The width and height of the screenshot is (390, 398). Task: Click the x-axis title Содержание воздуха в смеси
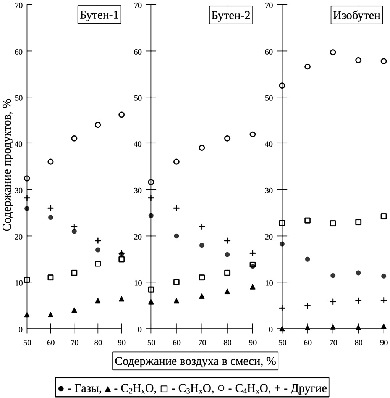(195, 361)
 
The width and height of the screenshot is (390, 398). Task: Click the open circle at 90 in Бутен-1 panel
(121, 114)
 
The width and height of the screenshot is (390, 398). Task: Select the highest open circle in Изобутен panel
(333, 52)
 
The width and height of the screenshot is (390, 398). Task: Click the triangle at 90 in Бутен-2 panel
(252, 287)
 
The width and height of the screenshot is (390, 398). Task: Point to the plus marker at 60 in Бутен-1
(50, 208)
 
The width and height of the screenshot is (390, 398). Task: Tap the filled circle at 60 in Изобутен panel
(307, 259)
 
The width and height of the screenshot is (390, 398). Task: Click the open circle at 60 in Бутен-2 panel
(176, 161)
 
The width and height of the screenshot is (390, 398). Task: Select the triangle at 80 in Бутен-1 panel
(98, 301)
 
